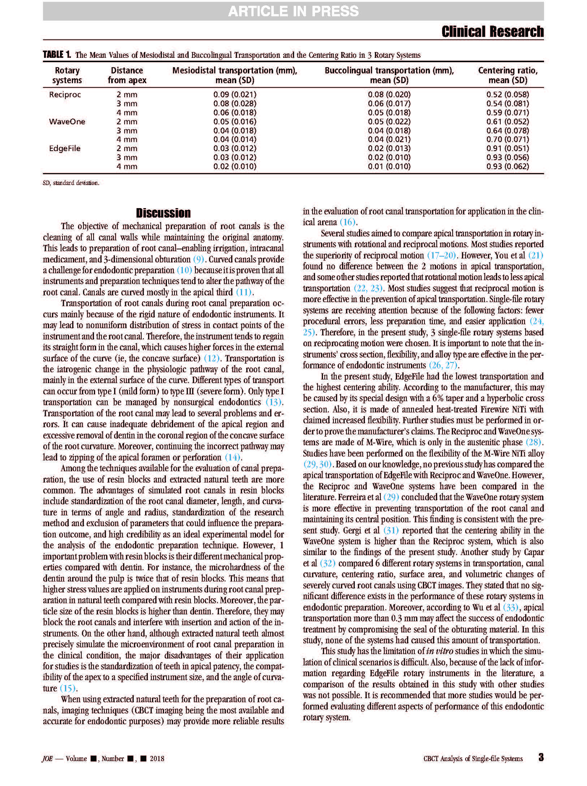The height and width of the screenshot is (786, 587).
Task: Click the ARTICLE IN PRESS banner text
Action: (293, 12)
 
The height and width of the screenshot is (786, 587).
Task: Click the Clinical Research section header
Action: (492, 32)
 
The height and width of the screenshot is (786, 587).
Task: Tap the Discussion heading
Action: (163, 213)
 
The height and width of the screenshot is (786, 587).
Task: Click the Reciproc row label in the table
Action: (65, 95)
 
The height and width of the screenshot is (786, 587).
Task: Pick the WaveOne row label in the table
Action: (67, 122)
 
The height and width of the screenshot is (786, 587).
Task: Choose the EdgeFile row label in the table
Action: (65, 149)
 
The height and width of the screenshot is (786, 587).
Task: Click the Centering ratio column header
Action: (508, 75)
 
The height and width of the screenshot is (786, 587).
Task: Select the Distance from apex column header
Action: (127, 75)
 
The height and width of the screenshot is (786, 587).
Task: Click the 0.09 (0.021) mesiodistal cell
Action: (234, 95)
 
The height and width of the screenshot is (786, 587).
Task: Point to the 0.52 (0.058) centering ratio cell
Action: (508, 95)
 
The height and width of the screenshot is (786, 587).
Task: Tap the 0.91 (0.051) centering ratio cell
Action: (508, 149)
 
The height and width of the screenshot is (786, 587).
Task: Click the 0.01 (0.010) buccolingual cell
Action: (389, 167)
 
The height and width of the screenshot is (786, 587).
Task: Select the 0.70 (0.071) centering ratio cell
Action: (508, 139)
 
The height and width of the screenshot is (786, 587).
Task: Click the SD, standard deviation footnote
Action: (71, 183)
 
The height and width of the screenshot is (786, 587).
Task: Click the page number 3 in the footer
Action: (541, 757)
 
